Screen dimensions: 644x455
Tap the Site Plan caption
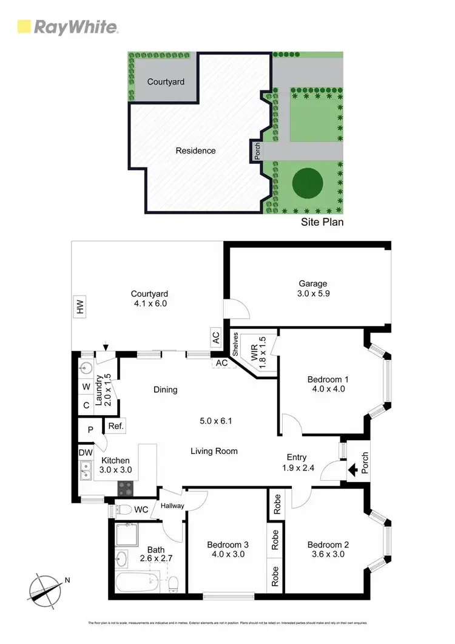click(x=322, y=222)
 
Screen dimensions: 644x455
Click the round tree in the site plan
click(x=307, y=182)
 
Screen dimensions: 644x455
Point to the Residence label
click(x=195, y=151)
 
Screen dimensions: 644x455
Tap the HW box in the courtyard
click(x=79, y=309)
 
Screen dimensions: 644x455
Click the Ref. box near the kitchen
click(x=116, y=427)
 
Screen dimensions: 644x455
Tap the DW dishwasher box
click(x=84, y=452)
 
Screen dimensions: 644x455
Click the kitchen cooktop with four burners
click(x=125, y=487)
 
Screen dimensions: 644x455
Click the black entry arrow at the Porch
click(x=351, y=469)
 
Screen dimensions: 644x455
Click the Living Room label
click(x=214, y=451)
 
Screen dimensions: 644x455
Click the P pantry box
click(x=90, y=430)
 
